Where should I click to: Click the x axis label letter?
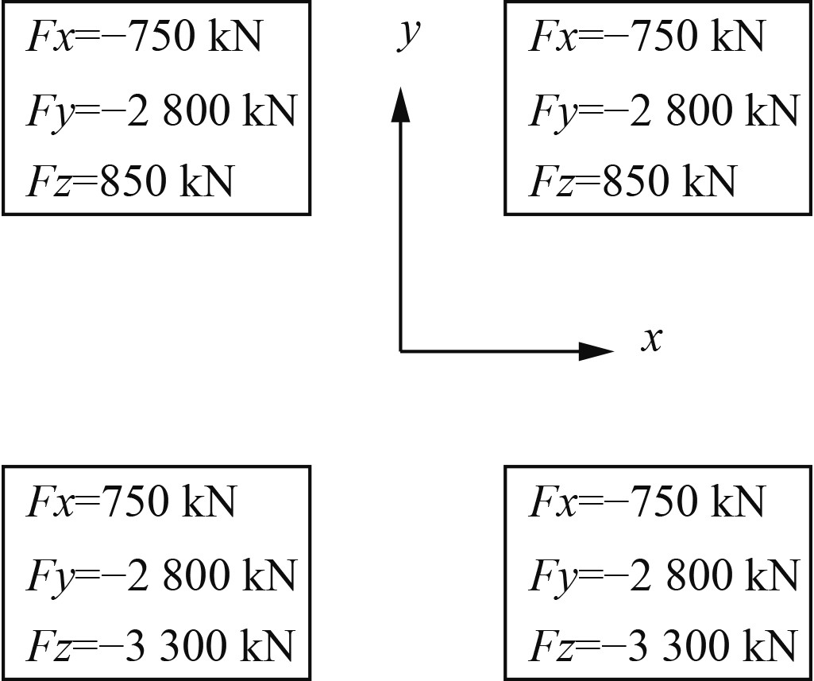pos(651,340)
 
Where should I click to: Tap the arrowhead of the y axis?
pos(400,106)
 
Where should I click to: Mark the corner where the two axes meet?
pos(400,350)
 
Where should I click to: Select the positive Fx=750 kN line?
pos(131,501)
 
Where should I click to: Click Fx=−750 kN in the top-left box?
pos(144,37)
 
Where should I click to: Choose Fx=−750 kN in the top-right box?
pos(646,37)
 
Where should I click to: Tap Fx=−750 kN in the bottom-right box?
pos(646,501)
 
